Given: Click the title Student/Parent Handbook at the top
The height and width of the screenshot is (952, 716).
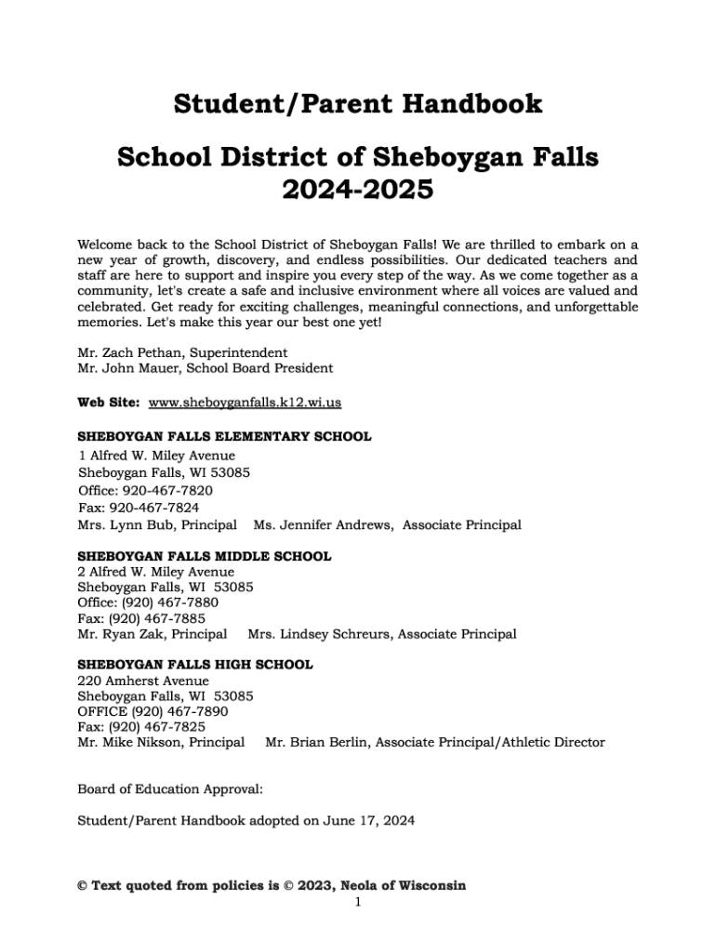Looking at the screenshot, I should (x=358, y=103).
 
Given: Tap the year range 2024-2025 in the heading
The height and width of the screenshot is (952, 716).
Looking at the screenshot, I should (x=358, y=190).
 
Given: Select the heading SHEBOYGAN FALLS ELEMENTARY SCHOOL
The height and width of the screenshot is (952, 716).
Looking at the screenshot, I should (x=224, y=436).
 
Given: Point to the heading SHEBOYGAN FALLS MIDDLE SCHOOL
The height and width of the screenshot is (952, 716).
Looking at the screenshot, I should (x=204, y=557).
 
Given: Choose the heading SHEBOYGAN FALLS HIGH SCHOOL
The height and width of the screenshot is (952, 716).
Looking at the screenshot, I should (x=194, y=665).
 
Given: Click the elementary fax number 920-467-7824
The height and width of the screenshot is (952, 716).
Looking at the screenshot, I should (x=154, y=508).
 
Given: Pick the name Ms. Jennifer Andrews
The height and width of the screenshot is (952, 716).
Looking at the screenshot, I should (x=323, y=525).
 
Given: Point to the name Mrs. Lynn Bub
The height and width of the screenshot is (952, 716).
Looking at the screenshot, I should (x=124, y=525).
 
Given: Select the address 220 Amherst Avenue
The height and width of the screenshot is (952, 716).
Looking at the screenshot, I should (x=143, y=681).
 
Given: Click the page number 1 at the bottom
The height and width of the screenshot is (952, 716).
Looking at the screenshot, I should (x=358, y=902).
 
